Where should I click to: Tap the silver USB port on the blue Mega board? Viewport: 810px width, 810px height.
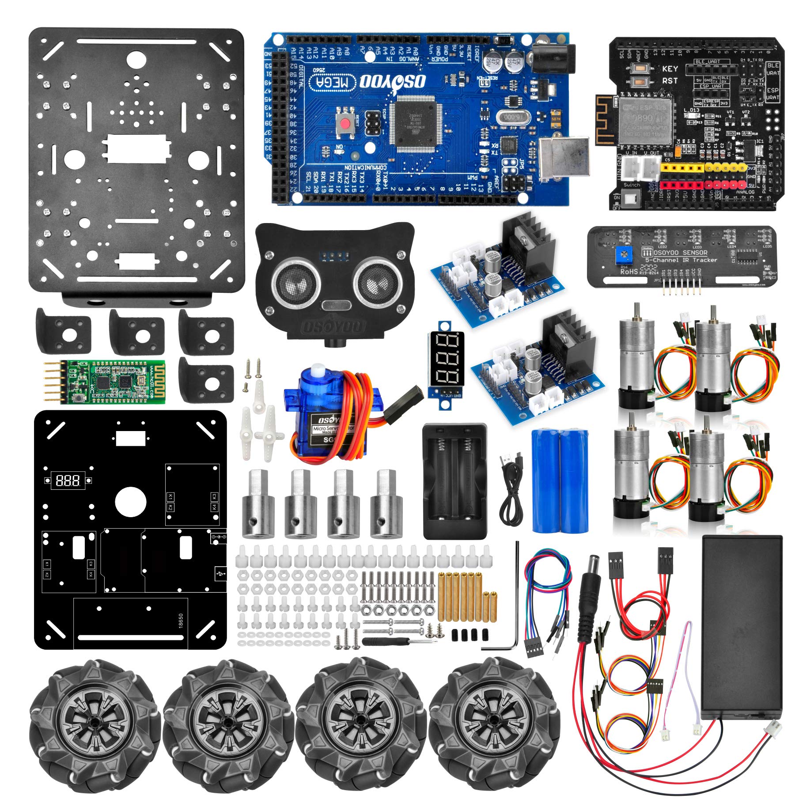click(x=564, y=158)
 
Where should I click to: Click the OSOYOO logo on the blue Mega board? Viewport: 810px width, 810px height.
click(x=393, y=81)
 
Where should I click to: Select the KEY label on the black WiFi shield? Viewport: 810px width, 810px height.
click(x=670, y=69)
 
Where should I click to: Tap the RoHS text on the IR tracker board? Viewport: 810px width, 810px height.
click(x=628, y=272)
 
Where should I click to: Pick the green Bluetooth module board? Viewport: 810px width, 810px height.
click(x=110, y=381)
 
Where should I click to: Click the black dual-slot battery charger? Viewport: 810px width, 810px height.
click(x=455, y=481)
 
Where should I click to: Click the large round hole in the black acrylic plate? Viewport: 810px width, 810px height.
click(x=130, y=502)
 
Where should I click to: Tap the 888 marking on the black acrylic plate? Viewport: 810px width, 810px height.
click(x=68, y=481)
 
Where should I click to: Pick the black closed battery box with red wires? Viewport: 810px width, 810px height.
click(x=742, y=627)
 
